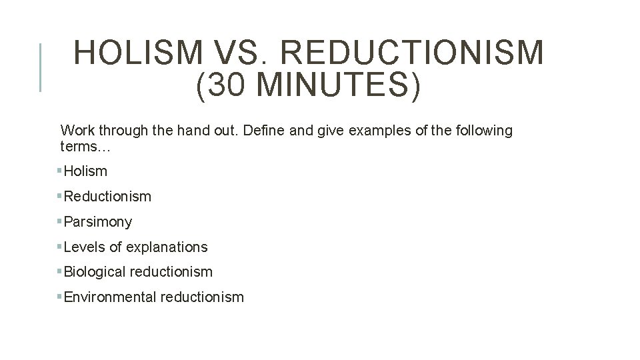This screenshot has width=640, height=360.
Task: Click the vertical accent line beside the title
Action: pyautogui.click(x=41, y=67)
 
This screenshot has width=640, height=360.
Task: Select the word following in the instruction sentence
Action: pyautogui.click(x=485, y=131)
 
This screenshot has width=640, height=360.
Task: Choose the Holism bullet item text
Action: pyautogui.click(x=85, y=171)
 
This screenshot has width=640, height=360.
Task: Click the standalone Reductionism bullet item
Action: pyautogui.click(x=107, y=197)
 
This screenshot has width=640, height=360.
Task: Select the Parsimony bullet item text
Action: pyautogui.click(x=98, y=222)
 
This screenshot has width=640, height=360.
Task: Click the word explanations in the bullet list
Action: pyautogui.click(x=167, y=247)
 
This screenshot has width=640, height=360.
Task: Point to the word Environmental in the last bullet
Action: pyautogui.click(x=110, y=297)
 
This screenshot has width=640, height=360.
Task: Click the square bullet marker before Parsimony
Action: pyautogui.click(x=59, y=221)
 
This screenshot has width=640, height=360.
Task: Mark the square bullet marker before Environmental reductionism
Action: pyautogui.click(x=59, y=297)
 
